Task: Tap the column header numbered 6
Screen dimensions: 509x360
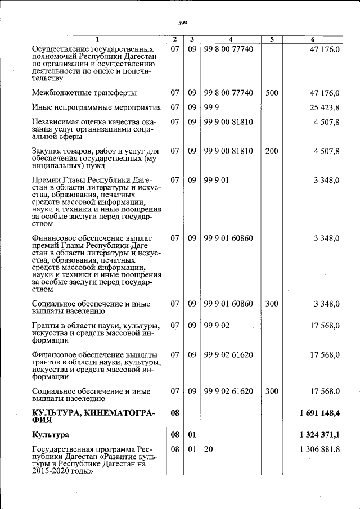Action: tap(313, 39)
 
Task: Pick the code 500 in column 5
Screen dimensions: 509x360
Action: tap(272, 93)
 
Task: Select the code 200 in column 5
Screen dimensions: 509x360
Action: tap(272, 151)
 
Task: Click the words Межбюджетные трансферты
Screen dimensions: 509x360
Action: tap(84, 93)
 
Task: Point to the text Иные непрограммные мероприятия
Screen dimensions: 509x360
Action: tap(97, 107)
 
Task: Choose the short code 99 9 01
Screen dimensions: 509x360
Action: tap(215, 180)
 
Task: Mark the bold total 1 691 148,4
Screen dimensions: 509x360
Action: tap(319, 413)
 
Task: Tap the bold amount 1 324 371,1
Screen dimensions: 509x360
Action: tap(319, 435)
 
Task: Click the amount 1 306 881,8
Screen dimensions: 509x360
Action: tap(320, 449)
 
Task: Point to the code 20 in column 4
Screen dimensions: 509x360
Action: tap(209, 449)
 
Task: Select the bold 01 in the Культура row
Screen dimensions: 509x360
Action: tap(192, 435)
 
